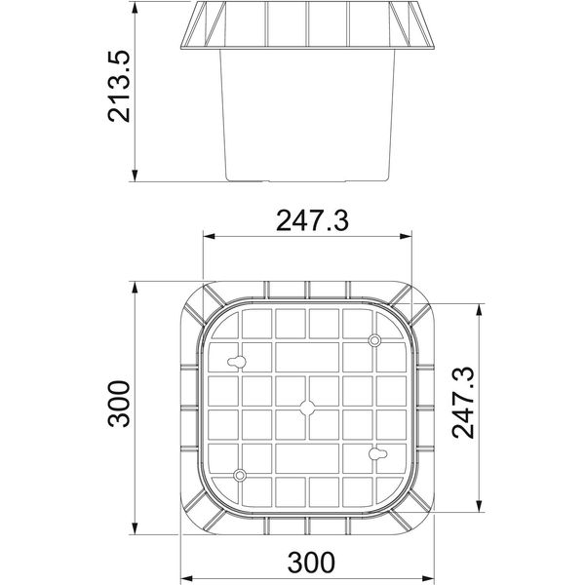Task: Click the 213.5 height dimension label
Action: (119, 87)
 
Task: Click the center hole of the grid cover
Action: (307, 409)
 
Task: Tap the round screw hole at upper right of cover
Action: (375, 340)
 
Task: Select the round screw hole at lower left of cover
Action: (240, 476)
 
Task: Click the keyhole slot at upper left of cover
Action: (237, 362)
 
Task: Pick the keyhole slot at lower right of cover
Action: (378, 454)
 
